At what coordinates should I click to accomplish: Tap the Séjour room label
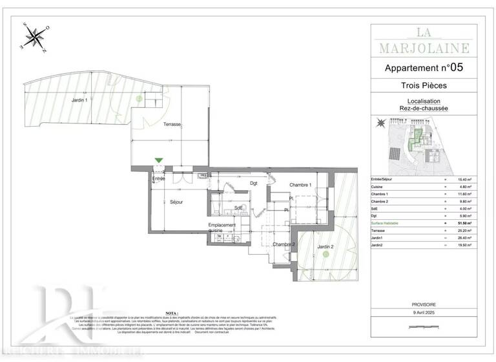[176, 202]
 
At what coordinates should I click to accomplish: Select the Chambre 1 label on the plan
[300, 185]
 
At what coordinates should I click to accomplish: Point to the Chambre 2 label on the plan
[284, 244]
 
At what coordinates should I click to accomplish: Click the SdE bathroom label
[238, 208]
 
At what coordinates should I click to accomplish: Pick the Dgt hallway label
[254, 183]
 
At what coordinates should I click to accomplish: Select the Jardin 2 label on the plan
[324, 246]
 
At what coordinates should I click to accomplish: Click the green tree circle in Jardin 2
[326, 255]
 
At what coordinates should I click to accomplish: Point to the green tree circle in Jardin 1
[139, 98]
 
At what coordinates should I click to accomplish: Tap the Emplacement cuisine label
[222, 228]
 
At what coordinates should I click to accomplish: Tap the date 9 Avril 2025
[424, 313]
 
